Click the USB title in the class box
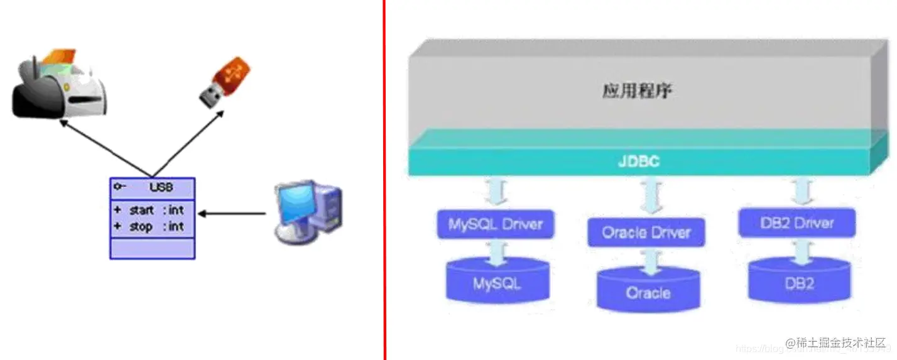tap(161, 187)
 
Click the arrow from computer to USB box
tap(232, 214)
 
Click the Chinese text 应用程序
tap(638, 91)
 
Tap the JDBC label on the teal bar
tap(638, 162)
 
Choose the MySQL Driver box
tap(495, 224)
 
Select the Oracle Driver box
tap(646, 233)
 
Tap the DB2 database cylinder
tap(800, 282)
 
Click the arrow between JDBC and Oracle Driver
tap(648, 195)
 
